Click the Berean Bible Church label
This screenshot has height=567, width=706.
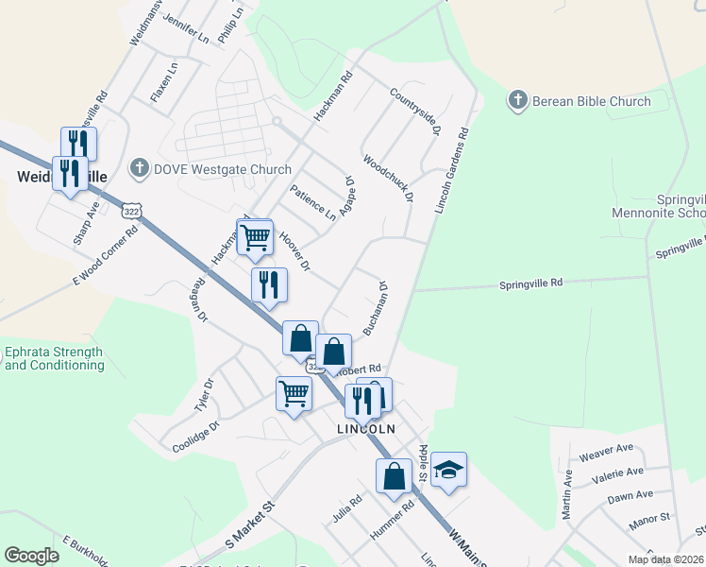[x=591, y=101]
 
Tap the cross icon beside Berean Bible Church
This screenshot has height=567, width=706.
[x=517, y=100]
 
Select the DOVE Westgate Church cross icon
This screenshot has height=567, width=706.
[x=139, y=169]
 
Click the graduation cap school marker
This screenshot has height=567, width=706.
[x=450, y=469]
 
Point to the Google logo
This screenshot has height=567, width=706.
[x=31, y=556]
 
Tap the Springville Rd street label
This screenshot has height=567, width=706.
[x=530, y=283]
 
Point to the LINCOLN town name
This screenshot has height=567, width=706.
[x=365, y=428]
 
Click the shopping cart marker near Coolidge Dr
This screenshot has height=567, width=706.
[x=294, y=391]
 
